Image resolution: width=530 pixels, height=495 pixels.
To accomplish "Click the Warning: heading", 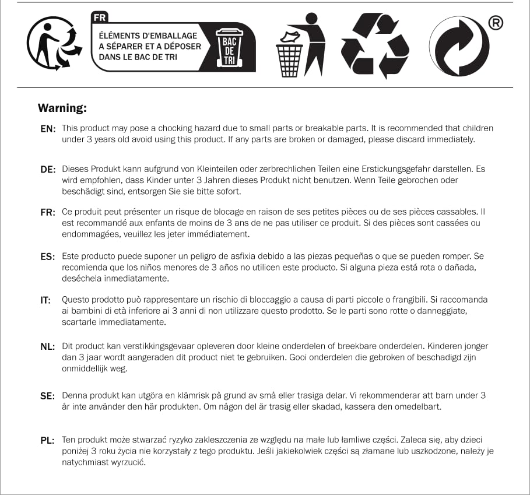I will coord(62,108).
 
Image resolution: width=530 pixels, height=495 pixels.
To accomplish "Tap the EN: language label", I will coord(47,129).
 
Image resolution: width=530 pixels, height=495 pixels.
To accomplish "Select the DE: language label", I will coord(47,170).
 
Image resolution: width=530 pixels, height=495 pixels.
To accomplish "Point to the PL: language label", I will coord(47,440).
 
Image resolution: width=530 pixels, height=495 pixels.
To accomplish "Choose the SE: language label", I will coord(47,396).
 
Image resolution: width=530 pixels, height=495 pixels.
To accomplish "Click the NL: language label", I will coord(47,347).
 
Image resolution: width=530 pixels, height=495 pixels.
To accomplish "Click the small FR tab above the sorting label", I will coord(100,17).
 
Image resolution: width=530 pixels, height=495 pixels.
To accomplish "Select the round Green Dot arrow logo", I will coord(459,47).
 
